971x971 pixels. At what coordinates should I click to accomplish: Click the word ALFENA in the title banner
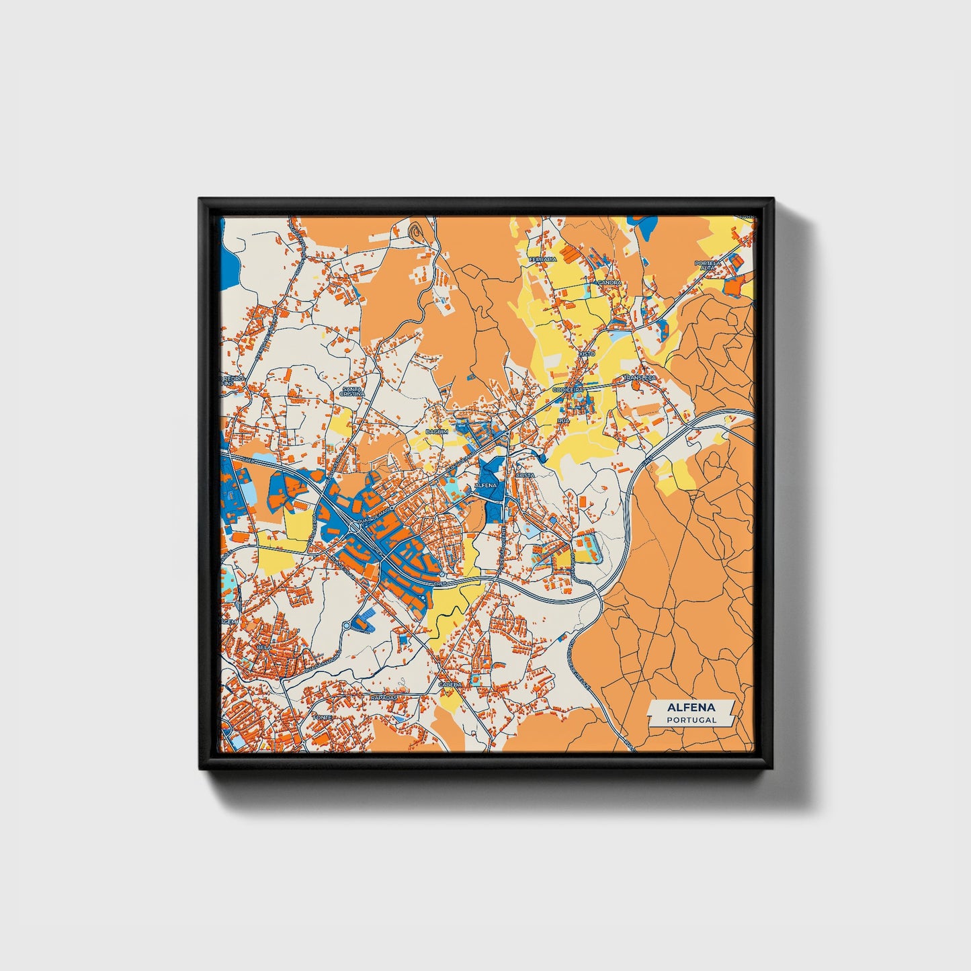point(691,708)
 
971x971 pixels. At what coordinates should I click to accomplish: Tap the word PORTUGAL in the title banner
point(691,720)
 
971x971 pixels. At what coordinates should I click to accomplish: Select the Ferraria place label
point(544,259)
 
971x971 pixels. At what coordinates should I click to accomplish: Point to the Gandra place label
point(609,283)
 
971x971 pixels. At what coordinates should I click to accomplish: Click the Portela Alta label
point(708,265)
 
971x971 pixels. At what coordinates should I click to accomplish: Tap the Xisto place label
point(587,353)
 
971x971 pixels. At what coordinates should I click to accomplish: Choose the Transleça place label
point(638,378)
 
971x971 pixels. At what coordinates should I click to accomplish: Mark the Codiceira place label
point(568,389)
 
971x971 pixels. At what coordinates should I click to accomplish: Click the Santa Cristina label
point(352,391)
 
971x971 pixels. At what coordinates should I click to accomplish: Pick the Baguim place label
point(436,431)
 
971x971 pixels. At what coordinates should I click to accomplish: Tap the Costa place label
point(524,475)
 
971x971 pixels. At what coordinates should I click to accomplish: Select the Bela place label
point(264,646)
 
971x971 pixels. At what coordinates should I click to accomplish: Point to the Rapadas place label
point(384,698)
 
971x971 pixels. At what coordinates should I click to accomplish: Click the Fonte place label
point(322,718)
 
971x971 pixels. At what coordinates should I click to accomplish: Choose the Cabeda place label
point(450,684)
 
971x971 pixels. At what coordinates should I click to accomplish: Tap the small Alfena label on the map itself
point(485,484)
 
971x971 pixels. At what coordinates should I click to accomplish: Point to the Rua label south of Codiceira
point(563,420)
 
